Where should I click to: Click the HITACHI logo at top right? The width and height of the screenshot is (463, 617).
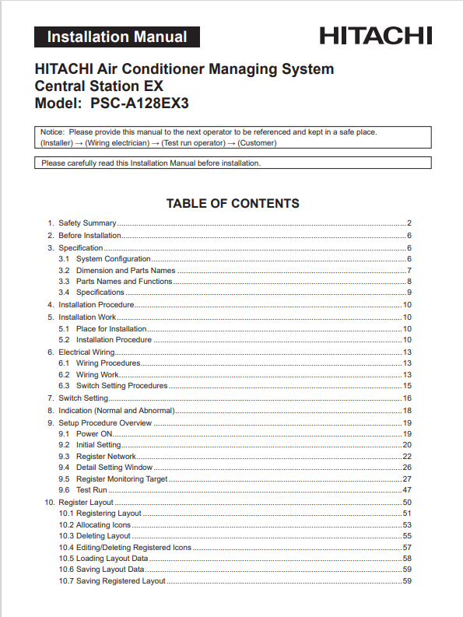point(375,36)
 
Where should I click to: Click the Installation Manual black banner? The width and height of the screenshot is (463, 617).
point(117,37)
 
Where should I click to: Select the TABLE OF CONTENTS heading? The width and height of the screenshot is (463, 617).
point(233,204)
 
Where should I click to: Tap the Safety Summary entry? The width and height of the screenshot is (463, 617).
point(87,223)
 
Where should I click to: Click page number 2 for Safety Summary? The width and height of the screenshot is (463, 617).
point(409,223)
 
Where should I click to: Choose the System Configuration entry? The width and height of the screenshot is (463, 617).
point(114,258)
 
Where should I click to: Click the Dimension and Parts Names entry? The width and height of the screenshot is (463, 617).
point(125,270)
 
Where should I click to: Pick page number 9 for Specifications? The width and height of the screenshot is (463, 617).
point(409,293)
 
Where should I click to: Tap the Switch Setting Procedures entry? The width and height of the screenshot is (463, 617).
point(121,386)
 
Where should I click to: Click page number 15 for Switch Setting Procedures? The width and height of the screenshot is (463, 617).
point(407,386)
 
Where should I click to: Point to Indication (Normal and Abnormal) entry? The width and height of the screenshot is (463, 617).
point(117,410)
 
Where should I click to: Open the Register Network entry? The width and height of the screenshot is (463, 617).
point(107,456)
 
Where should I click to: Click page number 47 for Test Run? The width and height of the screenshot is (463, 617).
point(407,490)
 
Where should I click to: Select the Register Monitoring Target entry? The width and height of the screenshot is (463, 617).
point(122,479)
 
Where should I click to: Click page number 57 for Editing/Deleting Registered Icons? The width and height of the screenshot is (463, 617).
point(407,548)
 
